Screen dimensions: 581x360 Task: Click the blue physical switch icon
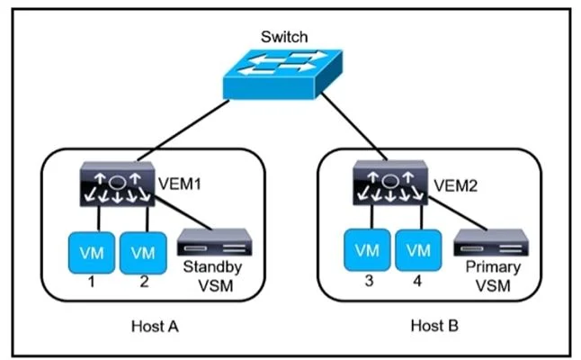pyautogui.click(x=282, y=74)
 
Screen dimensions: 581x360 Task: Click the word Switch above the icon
pyautogui.click(x=284, y=37)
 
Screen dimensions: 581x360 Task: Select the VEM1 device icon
pyautogui.click(x=117, y=184)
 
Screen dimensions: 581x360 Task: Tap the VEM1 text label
pyautogui.click(x=180, y=184)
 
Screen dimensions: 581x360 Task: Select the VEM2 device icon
pyautogui.click(x=389, y=183)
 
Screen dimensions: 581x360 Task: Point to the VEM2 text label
pyautogui.click(x=455, y=185)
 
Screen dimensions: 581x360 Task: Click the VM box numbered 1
pyautogui.click(x=92, y=253)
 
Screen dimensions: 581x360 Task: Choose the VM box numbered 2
pyautogui.click(x=143, y=253)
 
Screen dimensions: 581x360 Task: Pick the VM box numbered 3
pyautogui.click(x=367, y=250)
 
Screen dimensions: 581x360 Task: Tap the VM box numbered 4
pyautogui.click(x=418, y=250)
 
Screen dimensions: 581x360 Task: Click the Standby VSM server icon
pyautogui.click(x=215, y=242)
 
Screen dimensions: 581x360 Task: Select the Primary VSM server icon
pyautogui.click(x=491, y=242)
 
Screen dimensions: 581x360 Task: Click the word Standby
pyautogui.click(x=212, y=267)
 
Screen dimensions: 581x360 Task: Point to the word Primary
pyautogui.click(x=493, y=267)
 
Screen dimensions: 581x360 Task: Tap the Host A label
pyautogui.click(x=155, y=327)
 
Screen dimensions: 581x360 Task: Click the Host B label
pyautogui.click(x=434, y=326)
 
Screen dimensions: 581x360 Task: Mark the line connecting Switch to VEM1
pyautogui.click(x=183, y=130)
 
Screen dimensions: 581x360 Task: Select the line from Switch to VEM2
pyautogui.click(x=353, y=126)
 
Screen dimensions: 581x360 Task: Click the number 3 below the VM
pyautogui.click(x=369, y=281)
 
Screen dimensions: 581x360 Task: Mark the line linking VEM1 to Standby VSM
pyautogui.click(x=183, y=213)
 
